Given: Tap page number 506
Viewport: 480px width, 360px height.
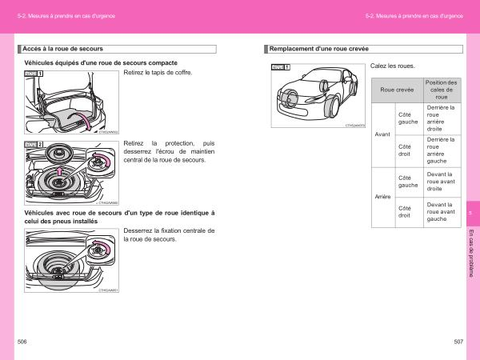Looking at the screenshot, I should (22, 342).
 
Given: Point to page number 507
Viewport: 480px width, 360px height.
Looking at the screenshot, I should (458, 342).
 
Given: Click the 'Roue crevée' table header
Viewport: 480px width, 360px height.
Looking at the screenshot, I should (397, 90).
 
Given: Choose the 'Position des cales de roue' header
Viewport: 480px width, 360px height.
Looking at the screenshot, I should (442, 90).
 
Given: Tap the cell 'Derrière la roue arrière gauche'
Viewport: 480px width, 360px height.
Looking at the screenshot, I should (442, 150).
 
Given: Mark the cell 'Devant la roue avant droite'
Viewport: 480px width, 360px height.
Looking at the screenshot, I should (442, 181).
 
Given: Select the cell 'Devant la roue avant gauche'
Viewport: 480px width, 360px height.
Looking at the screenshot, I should (442, 212).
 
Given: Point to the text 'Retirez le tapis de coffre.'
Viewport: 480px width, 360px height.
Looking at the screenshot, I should (158, 73).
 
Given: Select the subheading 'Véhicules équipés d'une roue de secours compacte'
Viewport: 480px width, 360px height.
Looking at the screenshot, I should (101, 62).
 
